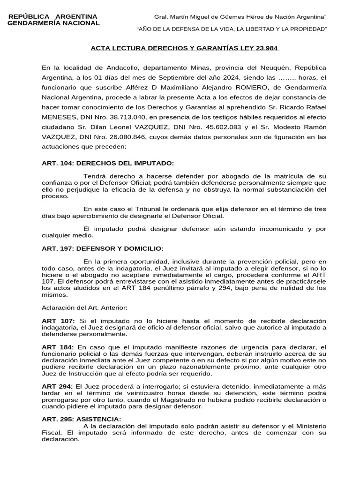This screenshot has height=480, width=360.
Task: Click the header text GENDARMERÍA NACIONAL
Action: pos(54,23)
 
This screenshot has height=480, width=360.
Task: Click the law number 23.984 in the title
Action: pos(268,48)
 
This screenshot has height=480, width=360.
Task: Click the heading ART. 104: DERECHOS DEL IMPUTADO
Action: pos(107,163)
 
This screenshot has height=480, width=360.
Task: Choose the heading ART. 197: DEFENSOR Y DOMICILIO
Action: pos(103,248)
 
